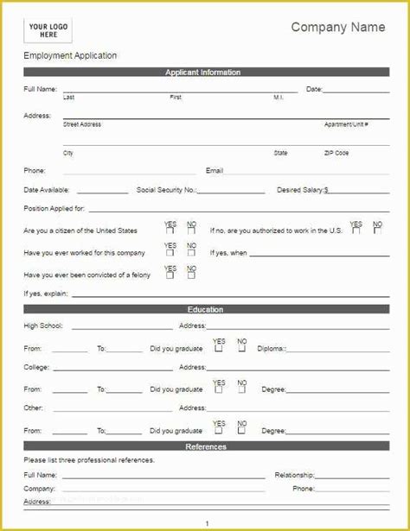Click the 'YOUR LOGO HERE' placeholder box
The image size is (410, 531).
(x=43, y=30)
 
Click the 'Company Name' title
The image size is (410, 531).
(x=337, y=28)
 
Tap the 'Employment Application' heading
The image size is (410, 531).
(x=70, y=56)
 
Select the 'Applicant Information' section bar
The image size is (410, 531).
(x=203, y=73)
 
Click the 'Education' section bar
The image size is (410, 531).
(x=205, y=310)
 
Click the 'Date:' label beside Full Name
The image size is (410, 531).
(x=314, y=89)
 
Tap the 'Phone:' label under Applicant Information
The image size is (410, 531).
(x=35, y=171)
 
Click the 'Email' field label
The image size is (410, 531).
(x=215, y=171)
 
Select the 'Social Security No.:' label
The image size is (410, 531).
(x=166, y=190)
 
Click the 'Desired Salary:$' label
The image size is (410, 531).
(x=302, y=190)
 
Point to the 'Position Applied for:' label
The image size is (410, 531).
(x=54, y=209)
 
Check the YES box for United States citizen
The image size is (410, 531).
(x=170, y=231)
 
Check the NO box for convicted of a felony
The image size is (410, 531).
(x=191, y=275)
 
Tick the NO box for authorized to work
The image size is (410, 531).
(x=377, y=231)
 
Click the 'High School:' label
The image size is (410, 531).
(x=43, y=326)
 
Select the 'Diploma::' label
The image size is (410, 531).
(x=272, y=349)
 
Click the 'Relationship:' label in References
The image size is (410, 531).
(x=294, y=475)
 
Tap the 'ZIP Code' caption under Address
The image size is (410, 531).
(x=336, y=153)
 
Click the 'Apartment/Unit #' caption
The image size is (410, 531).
(x=346, y=124)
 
